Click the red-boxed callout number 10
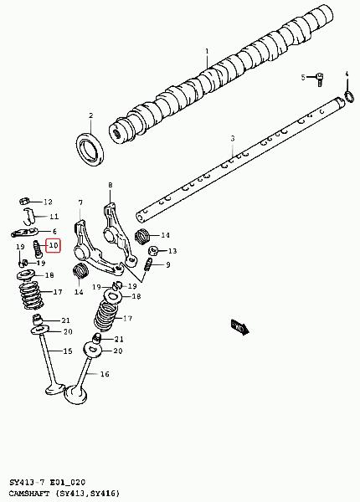tap(54, 245)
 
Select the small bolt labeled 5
tap(319, 79)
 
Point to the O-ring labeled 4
tap(349, 97)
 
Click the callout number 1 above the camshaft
tap(207, 51)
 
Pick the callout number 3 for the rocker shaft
tap(233, 138)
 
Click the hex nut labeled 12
tap(24, 202)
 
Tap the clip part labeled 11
tap(29, 216)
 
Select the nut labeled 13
tap(153, 251)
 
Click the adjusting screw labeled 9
tap(148, 264)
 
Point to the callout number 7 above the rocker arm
tap(80, 202)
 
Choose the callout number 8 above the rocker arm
tap(111, 185)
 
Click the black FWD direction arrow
tap(240, 327)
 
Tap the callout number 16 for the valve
tap(105, 374)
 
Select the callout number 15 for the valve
tap(68, 351)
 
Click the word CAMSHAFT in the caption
tap(29, 493)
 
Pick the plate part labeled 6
tap(24, 233)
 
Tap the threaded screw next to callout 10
tap(37, 249)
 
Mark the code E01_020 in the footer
tap(67, 483)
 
